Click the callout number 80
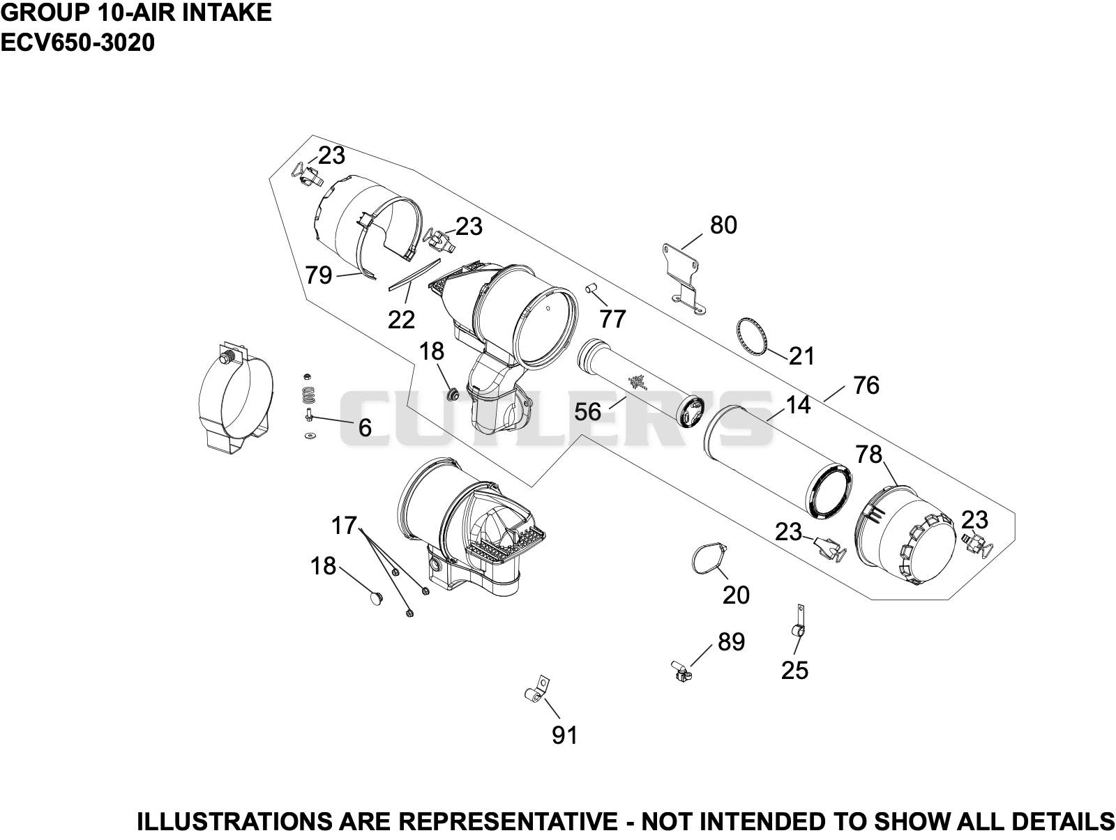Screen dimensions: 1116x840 pos(723,225)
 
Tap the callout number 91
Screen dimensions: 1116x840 pos(564,735)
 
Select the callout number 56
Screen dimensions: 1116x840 pos(588,411)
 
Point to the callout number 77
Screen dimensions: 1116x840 pos(612,319)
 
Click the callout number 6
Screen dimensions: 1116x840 pos(365,428)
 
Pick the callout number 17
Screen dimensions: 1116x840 pos(344,526)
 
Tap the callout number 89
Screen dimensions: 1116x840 pos(732,642)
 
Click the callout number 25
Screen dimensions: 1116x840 pos(794,671)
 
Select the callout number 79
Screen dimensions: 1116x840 pos(319,275)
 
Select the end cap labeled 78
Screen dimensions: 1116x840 pos(905,535)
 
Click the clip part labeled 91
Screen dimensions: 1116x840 pos(537,689)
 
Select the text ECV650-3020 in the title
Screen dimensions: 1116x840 pos(77,43)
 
